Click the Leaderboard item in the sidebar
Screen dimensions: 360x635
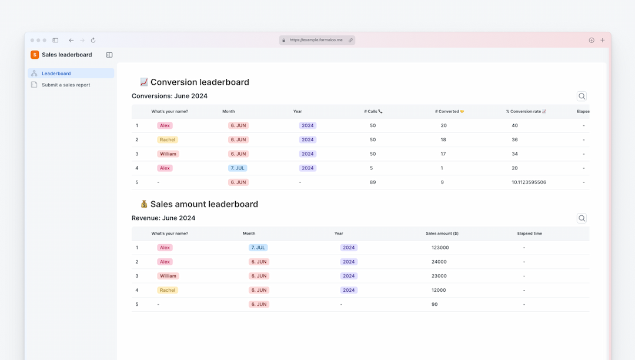click(56, 74)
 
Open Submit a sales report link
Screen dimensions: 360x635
click(65, 85)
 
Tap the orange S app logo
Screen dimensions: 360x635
click(35, 55)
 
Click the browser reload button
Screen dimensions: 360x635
click(93, 41)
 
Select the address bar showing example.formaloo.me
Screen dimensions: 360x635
click(316, 40)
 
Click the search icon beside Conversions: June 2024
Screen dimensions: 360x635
click(581, 96)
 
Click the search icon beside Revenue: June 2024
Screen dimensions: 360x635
click(581, 218)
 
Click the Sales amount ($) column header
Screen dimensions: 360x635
click(442, 234)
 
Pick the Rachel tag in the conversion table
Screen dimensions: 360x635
click(168, 140)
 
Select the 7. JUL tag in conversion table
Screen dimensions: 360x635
click(238, 168)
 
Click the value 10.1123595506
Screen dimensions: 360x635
click(529, 182)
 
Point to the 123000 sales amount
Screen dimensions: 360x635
click(440, 248)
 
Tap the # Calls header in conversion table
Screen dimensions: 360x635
click(373, 111)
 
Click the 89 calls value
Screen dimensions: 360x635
click(373, 182)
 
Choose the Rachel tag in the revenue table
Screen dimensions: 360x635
click(168, 290)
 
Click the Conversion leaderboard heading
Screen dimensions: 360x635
click(199, 82)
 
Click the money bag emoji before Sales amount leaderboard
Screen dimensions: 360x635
click(144, 204)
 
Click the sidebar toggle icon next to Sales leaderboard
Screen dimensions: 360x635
click(109, 55)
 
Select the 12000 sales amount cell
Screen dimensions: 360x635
click(439, 290)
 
